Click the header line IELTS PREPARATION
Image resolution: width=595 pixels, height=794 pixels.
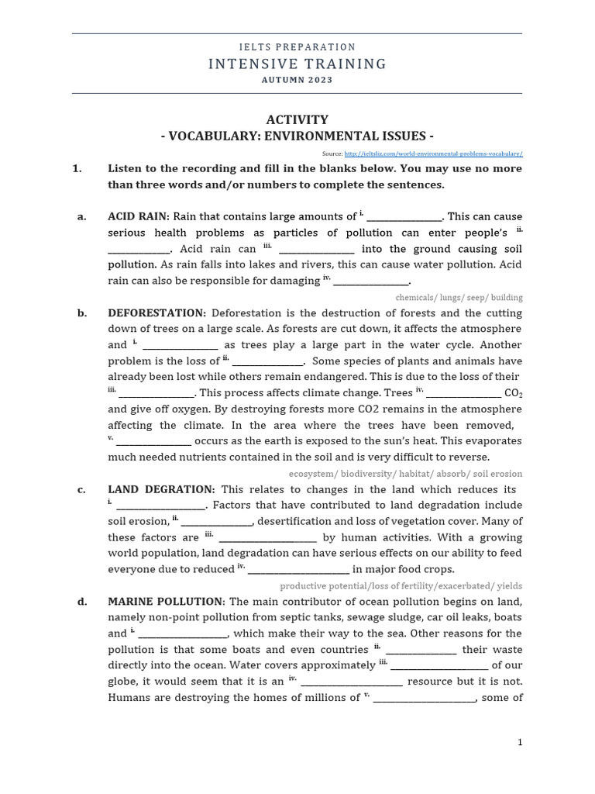297,47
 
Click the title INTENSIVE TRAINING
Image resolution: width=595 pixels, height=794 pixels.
297,64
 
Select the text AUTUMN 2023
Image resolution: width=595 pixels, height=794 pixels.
297,80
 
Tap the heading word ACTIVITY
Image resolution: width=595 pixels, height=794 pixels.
297,119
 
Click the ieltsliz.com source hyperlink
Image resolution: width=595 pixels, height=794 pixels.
433,154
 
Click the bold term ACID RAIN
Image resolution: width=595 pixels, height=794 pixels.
138,216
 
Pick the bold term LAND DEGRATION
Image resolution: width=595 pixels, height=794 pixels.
161,489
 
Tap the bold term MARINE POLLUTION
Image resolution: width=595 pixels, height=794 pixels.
165,602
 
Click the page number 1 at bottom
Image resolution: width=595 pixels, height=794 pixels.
521,742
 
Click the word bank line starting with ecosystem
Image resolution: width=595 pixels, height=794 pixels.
405,474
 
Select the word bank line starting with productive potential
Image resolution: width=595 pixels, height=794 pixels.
401,585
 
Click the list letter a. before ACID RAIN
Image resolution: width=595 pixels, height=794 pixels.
81,216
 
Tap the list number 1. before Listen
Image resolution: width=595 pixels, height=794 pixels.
77,168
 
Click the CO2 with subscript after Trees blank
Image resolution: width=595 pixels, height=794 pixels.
514,393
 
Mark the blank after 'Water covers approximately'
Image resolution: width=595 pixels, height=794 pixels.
439,666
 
